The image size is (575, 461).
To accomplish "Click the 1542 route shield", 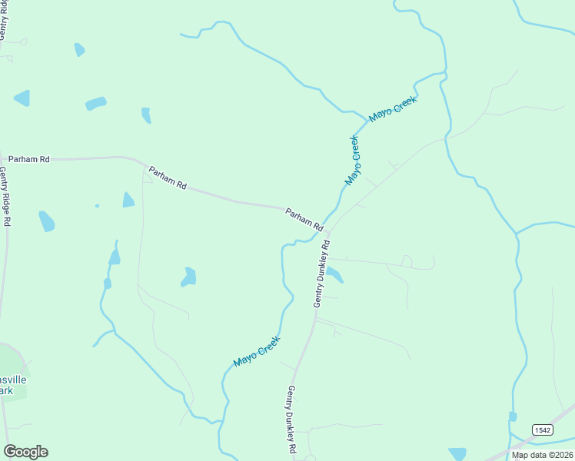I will [541, 428].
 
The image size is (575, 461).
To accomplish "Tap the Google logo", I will [25, 452].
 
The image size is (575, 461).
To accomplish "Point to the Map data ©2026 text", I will [542, 455].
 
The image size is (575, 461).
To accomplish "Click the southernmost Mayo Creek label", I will [256, 351].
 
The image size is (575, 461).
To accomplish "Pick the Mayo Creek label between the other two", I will [352, 161].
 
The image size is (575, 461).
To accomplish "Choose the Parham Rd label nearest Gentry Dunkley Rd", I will [304, 220].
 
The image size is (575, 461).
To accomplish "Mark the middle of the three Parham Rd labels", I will [168, 178].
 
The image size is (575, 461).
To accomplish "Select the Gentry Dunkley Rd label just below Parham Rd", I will [321, 274].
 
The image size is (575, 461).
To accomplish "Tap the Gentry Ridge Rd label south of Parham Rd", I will [5, 197].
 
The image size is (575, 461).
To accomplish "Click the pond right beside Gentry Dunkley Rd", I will [334, 274].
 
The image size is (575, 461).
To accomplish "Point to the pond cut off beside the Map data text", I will [457, 453].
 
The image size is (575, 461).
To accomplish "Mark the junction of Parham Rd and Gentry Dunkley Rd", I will [327, 231].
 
